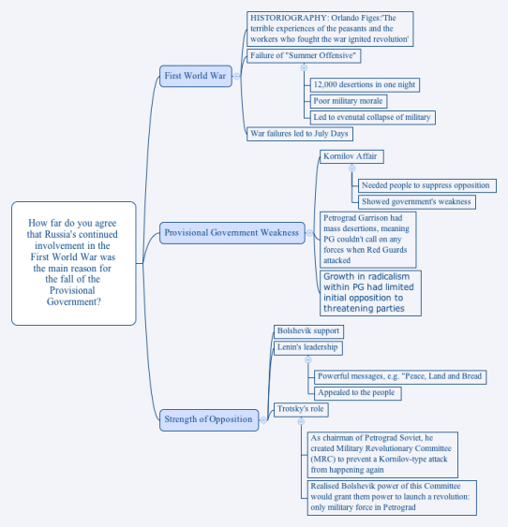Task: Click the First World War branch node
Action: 196,76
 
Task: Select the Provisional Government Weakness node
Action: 232,232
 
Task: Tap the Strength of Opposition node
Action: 209,419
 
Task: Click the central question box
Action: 74,263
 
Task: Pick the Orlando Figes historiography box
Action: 330,29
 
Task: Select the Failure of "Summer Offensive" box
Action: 304,56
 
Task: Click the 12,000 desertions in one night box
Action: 365,84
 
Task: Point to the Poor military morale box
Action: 349,101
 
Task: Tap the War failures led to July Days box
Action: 300,134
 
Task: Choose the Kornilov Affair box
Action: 351,156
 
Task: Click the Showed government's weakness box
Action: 417,202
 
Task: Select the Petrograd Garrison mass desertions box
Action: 367,240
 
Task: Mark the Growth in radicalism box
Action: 370,293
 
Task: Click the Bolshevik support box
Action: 308,331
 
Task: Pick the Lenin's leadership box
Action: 308,348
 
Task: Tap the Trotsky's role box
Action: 301,410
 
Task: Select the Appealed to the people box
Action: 358,393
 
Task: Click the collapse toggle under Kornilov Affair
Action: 351,168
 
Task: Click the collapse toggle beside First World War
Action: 236,76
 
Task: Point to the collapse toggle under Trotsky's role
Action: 301,421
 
